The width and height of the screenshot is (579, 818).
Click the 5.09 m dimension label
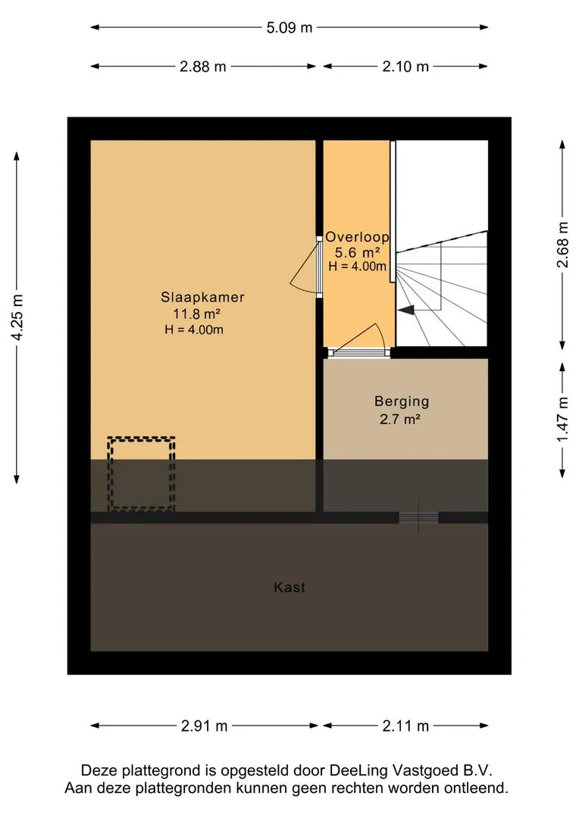tap(289, 28)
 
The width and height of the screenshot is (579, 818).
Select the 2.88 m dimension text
tap(202, 67)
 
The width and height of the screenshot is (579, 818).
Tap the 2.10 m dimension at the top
tap(405, 67)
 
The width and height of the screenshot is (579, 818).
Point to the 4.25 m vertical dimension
tap(17, 317)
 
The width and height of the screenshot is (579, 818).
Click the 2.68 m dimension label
tap(562, 245)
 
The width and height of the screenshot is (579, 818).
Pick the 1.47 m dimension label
tap(562, 419)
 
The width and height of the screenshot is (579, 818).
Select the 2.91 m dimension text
tap(204, 726)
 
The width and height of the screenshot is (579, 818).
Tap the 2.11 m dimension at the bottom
tap(405, 726)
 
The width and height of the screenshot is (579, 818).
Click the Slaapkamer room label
tap(202, 298)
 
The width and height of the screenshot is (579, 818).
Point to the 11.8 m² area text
tap(196, 314)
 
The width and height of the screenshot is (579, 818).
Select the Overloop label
tap(357, 237)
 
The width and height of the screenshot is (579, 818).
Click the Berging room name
tap(402, 401)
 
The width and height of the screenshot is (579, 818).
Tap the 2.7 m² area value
tap(400, 419)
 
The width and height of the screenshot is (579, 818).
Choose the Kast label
tap(289, 588)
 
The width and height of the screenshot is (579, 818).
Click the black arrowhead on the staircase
tap(406, 310)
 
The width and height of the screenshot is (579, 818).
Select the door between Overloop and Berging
tap(358, 353)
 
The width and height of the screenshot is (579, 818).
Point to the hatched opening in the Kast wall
tap(418, 517)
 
